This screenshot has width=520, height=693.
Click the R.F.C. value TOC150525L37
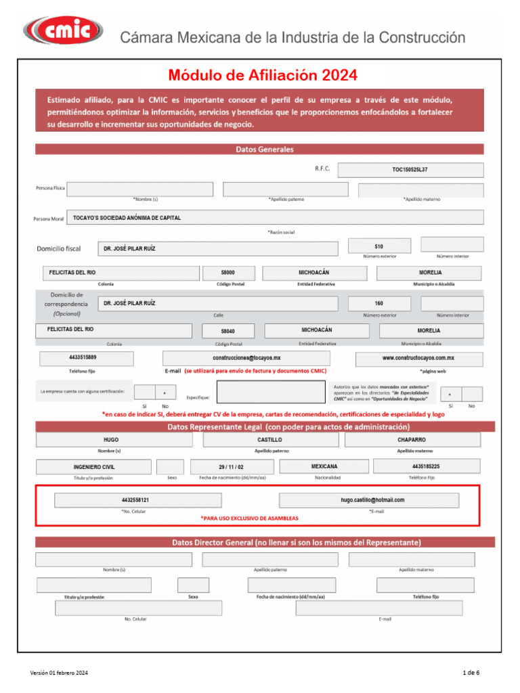(410, 170)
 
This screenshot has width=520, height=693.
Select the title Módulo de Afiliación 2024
(262, 74)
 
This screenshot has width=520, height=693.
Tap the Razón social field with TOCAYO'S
(275, 218)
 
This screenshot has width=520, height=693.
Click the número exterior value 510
(378, 247)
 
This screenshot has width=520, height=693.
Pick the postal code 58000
(227, 273)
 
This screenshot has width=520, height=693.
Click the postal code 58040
(228, 332)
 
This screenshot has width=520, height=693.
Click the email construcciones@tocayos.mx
(246, 358)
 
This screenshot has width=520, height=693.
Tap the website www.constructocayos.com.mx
(419, 358)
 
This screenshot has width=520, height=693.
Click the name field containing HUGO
(111, 440)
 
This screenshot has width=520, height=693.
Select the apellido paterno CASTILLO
(270, 440)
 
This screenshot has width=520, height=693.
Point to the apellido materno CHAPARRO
(412, 440)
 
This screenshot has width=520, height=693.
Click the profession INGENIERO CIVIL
(93, 467)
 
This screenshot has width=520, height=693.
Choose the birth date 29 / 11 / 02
(232, 467)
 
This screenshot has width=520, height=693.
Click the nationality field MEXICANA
(324, 466)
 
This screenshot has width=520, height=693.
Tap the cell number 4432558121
(137, 500)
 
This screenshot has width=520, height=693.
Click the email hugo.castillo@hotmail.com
(372, 500)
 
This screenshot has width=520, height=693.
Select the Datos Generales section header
(259, 149)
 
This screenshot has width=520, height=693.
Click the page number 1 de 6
(471, 673)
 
